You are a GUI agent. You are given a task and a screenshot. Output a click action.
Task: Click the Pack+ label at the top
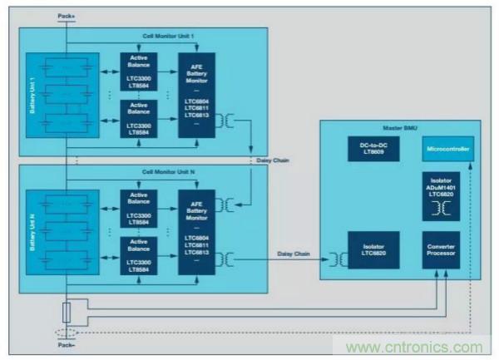click(63, 16)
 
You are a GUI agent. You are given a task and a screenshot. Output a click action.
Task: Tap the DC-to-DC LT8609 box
click(370, 149)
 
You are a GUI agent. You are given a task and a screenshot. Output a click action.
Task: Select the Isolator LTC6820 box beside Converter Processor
click(370, 251)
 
